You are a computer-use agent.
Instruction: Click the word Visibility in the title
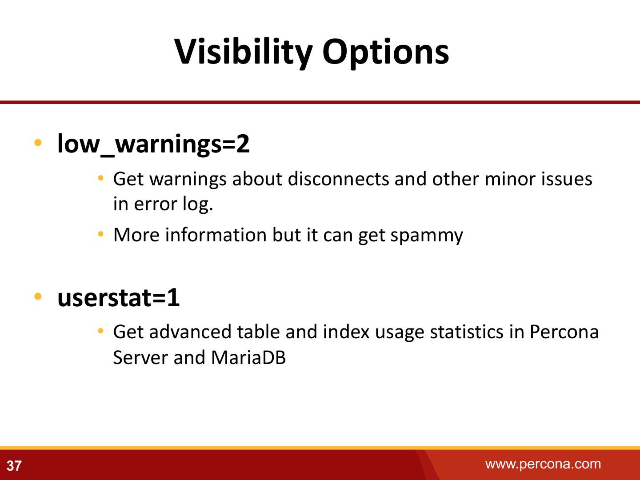(243, 53)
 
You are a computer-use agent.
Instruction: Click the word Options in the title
(385, 53)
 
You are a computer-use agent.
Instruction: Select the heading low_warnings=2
(153, 144)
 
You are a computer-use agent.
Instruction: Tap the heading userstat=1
(118, 298)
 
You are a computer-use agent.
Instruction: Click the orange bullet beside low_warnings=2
(38, 143)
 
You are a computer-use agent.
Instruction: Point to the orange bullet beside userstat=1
(38, 297)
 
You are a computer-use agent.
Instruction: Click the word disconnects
(339, 179)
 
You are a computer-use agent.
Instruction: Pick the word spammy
(427, 236)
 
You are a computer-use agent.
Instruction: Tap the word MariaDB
(248, 357)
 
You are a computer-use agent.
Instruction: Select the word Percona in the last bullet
(564, 332)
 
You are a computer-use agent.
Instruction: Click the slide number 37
(14, 466)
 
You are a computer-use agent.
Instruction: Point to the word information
(216, 235)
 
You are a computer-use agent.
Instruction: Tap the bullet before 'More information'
(100, 234)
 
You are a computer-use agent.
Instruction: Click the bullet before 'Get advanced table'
(100, 331)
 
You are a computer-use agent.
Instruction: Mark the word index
(346, 332)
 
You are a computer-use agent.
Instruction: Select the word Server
(140, 357)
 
